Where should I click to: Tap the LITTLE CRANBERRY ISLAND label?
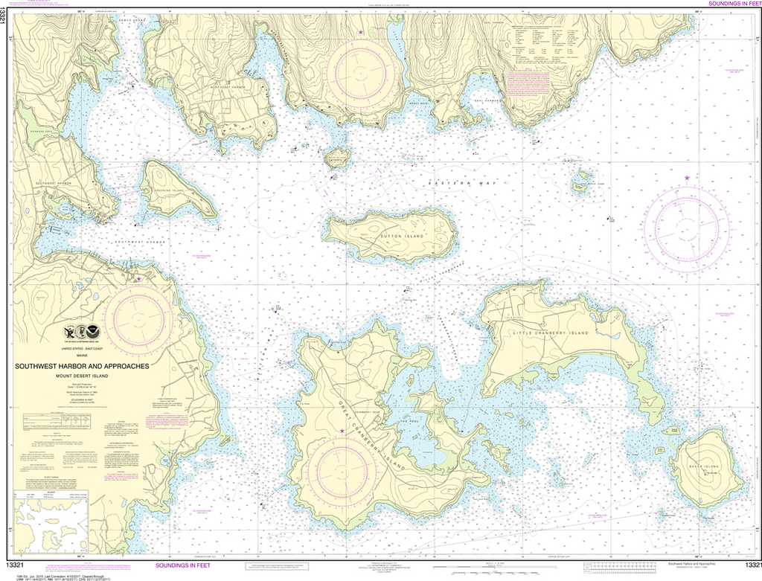click(550, 333)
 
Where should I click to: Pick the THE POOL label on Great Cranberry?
click(409, 421)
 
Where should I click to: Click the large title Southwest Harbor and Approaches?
click(84, 366)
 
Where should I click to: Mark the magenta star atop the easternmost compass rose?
click(687, 178)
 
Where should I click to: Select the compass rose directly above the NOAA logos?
click(139, 320)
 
